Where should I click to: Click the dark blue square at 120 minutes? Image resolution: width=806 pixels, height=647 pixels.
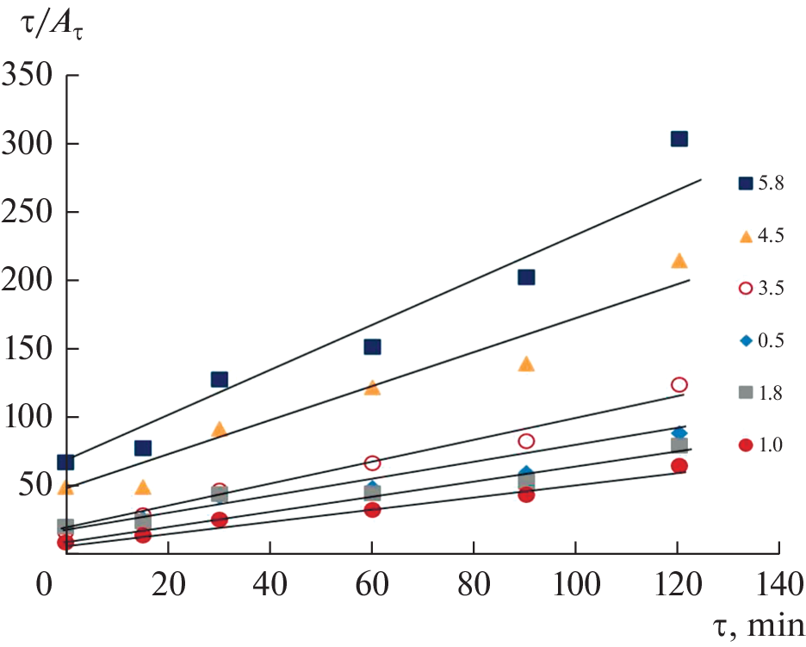pos(679,139)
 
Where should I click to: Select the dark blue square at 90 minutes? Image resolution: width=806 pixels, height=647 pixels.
pos(526,277)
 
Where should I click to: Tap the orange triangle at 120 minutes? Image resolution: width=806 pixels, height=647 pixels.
pos(679,260)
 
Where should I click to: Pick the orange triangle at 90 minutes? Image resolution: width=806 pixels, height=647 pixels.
pos(526,364)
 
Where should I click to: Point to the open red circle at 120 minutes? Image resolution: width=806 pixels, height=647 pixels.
pos(679,384)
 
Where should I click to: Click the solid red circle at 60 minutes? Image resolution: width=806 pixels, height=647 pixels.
pos(372,509)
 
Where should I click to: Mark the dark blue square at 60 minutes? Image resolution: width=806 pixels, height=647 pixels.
pos(372,346)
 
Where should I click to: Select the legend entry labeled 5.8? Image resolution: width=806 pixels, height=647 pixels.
pos(759,183)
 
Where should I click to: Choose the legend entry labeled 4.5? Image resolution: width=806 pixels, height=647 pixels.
pos(759,235)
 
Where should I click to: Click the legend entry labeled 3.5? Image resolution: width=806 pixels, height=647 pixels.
pos(759,288)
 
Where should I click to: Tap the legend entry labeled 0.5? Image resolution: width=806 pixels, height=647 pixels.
pos(759,340)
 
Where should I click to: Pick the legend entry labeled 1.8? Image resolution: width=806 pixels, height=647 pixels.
pos(759,393)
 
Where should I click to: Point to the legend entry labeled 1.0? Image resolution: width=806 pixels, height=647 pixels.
pos(759,445)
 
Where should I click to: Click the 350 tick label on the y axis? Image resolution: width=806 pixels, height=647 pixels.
pos(34,77)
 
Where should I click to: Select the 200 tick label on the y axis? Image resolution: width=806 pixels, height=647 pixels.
pos(34,281)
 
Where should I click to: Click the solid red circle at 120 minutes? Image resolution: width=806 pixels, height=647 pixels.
pos(679,466)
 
